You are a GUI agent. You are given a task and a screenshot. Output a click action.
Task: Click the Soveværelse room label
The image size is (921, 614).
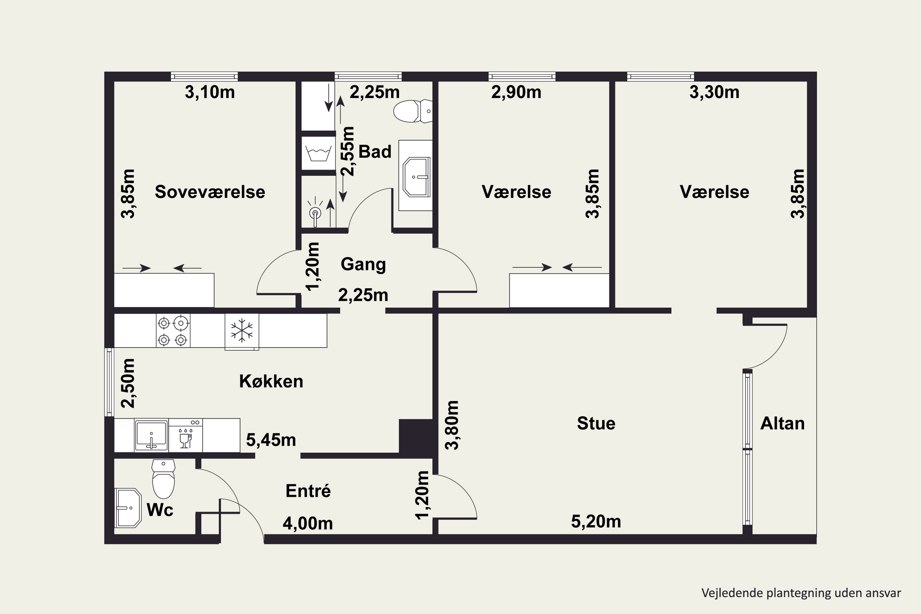[x=210, y=192]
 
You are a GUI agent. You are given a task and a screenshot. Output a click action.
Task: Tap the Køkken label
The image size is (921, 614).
[x=271, y=381]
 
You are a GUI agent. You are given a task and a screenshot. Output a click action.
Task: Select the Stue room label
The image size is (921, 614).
[x=596, y=423]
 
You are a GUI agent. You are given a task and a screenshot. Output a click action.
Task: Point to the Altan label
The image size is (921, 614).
[x=782, y=423]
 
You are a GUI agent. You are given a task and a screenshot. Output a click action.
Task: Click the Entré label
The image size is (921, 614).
[x=308, y=491]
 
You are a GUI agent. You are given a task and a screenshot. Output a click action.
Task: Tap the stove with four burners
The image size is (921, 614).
[x=173, y=331]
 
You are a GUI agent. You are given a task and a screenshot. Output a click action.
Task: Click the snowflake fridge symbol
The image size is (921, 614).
[x=242, y=331]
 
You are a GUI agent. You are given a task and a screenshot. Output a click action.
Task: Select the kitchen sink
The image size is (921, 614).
[x=151, y=435]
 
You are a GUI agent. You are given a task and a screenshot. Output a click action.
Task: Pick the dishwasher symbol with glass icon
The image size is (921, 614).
[x=186, y=435]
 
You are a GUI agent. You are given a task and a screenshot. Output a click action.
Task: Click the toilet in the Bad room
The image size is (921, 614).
[x=413, y=111]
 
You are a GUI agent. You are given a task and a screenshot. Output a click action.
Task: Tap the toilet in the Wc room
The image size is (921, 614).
[x=163, y=479]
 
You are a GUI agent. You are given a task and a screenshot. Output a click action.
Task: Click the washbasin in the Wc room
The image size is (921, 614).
[x=128, y=508]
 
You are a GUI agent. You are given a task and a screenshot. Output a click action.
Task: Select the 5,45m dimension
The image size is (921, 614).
[x=271, y=440]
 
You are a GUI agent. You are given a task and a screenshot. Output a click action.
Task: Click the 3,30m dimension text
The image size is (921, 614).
[x=714, y=92]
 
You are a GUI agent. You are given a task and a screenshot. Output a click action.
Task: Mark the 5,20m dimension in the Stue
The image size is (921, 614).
[x=596, y=522]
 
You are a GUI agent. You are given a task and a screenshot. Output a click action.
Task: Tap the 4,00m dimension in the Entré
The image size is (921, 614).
[x=308, y=523]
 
